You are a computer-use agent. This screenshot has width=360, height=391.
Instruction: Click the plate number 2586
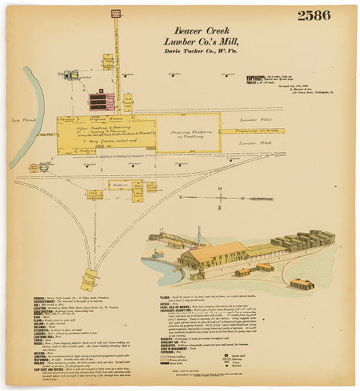tap(313, 15)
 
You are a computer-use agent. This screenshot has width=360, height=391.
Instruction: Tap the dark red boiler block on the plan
tap(98, 99)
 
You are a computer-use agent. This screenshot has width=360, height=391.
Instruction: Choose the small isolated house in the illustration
tap(301, 283)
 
